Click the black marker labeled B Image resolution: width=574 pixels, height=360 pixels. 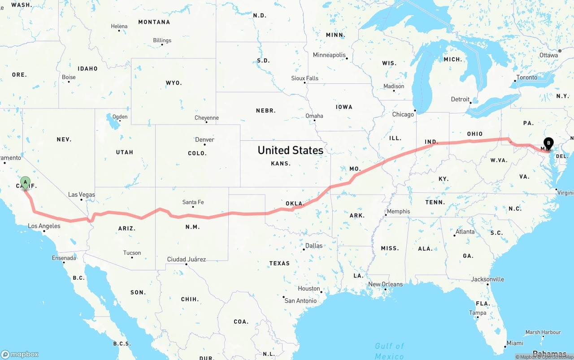tap(548, 144)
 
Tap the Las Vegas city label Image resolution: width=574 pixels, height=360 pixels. tap(81, 195)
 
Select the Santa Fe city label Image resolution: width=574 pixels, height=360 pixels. tap(193, 202)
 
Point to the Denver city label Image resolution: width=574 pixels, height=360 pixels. tap(204, 139)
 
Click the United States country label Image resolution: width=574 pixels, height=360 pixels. tap(290, 150)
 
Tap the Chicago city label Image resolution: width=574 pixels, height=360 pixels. tap(403, 114)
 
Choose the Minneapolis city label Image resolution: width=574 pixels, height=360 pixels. tap(329, 55)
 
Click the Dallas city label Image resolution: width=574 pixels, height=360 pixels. tap(313, 246)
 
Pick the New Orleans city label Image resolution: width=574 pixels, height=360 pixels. tap(385, 284)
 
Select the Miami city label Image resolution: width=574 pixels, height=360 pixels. tap(514, 343)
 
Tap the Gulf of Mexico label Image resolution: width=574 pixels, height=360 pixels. tap(389, 351)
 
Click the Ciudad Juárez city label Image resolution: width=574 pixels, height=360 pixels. tap(187, 259)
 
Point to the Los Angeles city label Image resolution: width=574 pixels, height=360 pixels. tap(44, 226)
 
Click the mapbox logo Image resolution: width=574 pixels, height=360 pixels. tap(20, 354)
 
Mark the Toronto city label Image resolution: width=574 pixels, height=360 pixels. tap(526, 77)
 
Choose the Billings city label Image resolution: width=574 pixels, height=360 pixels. tap(162, 40)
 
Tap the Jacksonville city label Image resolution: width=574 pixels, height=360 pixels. tap(487, 279)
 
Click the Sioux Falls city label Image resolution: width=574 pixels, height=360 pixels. tap(305, 78)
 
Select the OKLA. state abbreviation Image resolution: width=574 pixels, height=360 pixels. tap(295, 204)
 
